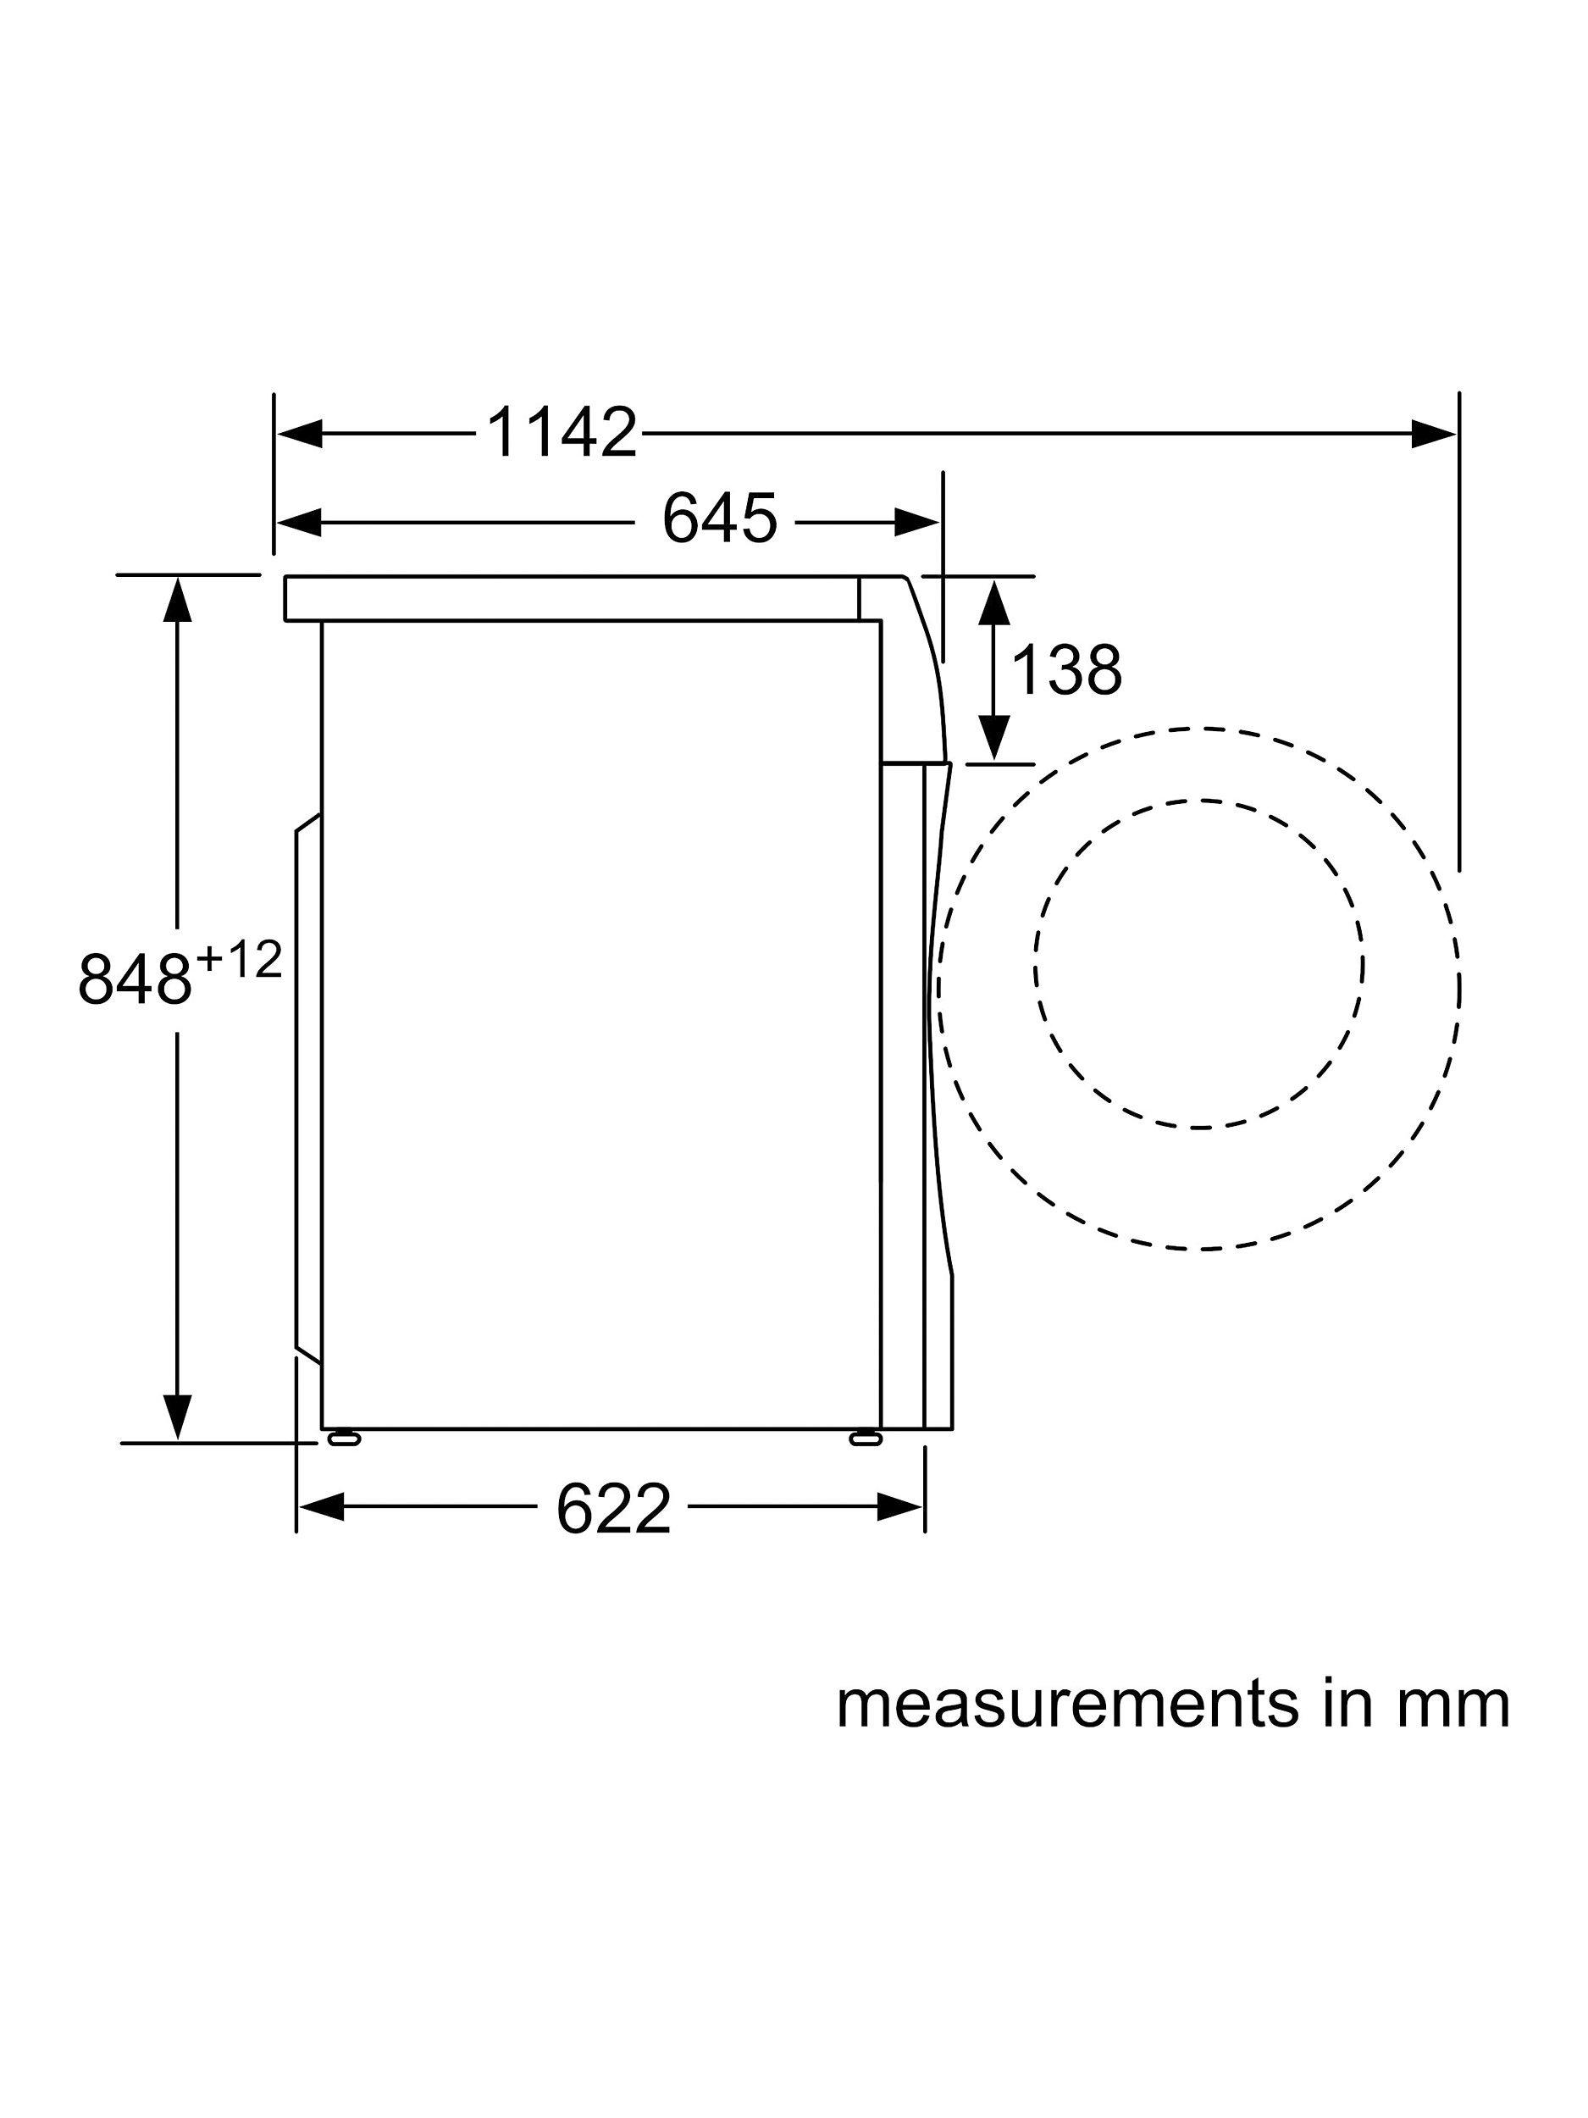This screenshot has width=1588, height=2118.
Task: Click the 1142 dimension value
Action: point(562,434)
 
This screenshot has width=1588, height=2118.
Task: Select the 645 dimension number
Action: point(720,521)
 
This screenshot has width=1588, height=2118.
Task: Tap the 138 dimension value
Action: point(1065,670)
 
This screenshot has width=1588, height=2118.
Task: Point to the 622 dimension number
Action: point(613,1509)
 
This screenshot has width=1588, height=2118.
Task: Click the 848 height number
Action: point(135,979)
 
